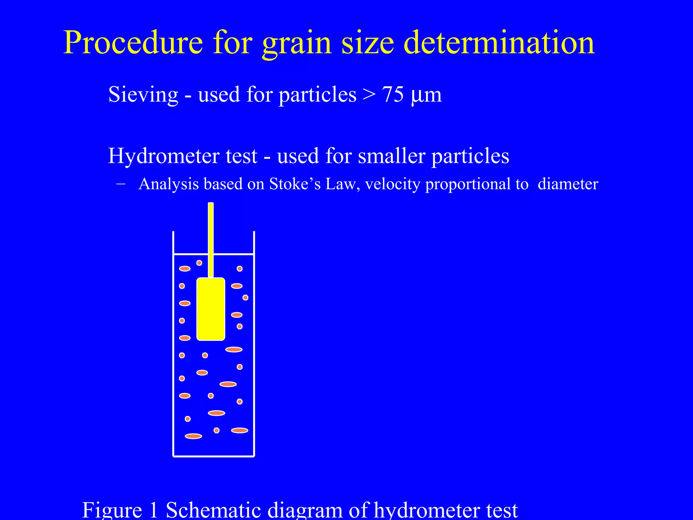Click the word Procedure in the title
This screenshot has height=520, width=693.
pyautogui.click(x=133, y=43)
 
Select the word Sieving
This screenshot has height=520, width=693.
pyautogui.click(x=143, y=94)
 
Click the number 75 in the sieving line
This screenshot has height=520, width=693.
pyautogui.click(x=393, y=94)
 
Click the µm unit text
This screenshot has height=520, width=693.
pyautogui.click(x=426, y=95)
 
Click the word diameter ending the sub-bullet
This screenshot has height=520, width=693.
pyautogui.click(x=568, y=184)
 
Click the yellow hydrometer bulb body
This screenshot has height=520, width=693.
pyautogui.click(x=211, y=309)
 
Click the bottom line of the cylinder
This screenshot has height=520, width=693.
pyautogui.click(x=214, y=456)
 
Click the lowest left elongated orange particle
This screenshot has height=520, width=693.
pyautogui.click(x=194, y=436)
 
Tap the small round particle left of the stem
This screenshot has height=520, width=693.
pyautogui.click(x=199, y=263)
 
